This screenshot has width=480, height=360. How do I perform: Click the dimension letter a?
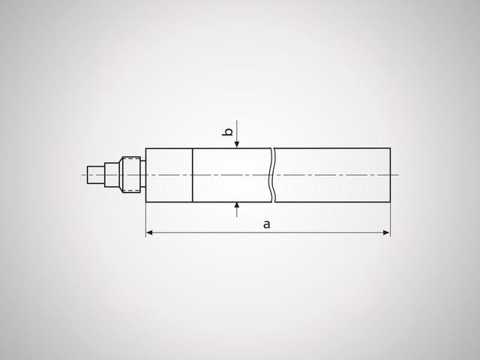(x=267, y=224)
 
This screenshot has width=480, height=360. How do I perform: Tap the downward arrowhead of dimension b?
(x=237, y=145)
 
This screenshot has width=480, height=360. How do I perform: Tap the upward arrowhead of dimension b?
(x=237, y=205)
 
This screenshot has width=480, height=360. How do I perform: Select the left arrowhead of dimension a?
(x=149, y=233)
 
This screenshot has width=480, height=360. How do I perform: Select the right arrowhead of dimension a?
(x=386, y=233)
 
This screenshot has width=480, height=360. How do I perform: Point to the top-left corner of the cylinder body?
(x=145, y=148)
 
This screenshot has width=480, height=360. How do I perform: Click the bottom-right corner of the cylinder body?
(x=390, y=202)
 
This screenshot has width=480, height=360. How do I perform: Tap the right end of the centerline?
(x=398, y=175)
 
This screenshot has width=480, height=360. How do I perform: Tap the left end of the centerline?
(x=82, y=175)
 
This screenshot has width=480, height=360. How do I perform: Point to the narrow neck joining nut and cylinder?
(x=142, y=175)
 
